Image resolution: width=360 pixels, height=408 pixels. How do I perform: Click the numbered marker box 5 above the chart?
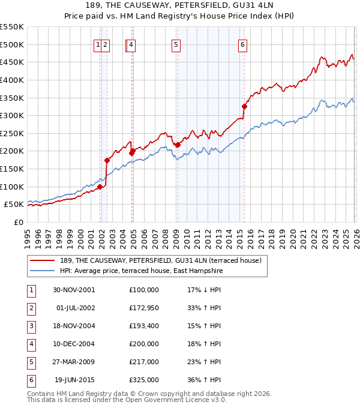click(x=176, y=44)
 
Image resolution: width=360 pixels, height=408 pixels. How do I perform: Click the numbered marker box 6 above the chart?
click(x=242, y=44)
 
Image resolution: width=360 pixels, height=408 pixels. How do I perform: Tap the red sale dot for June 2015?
click(x=244, y=107)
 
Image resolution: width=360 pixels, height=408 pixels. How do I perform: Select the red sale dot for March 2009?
click(x=178, y=145)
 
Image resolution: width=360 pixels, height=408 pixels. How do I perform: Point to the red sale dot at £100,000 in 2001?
click(x=100, y=187)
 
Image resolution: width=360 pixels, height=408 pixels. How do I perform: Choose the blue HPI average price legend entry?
click(x=141, y=271)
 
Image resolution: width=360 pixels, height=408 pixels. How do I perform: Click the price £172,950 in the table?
click(x=143, y=308)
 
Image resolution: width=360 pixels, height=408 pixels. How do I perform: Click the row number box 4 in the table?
click(x=31, y=344)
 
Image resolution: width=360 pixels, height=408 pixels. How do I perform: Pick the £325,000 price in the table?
click(x=143, y=380)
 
